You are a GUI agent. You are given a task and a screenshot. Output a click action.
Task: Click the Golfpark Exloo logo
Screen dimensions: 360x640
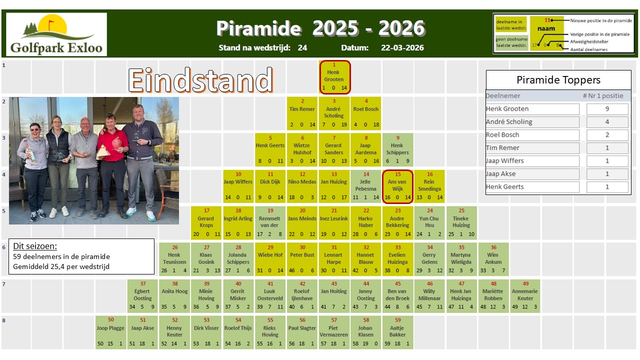(x=56, y=34)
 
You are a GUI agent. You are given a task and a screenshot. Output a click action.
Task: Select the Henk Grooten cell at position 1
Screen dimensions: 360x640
(x=335, y=77)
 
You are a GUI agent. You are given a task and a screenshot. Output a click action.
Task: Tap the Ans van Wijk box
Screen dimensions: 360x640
(x=398, y=186)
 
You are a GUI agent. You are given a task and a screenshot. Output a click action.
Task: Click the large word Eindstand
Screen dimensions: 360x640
(x=200, y=80)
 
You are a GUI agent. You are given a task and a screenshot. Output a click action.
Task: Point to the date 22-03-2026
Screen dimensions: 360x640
(x=402, y=48)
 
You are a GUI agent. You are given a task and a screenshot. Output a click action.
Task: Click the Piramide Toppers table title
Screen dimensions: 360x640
(x=558, y=80)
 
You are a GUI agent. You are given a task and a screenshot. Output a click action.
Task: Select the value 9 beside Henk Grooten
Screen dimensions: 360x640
(x=607, y=109)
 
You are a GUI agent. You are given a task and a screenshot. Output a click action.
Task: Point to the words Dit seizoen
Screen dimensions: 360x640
(x=35, y=246)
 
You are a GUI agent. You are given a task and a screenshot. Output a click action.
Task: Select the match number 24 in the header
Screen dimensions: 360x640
(x=302, y=48)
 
